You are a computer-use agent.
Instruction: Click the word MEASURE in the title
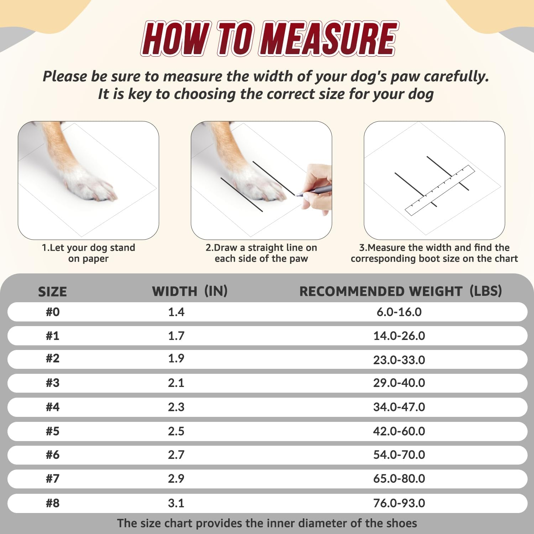pos(329,38)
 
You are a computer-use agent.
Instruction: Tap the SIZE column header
pos(52,292)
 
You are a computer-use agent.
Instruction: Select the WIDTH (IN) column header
pos(189,291)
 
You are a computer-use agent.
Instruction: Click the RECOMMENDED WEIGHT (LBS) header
pos(400,291)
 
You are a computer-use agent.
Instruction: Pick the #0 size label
pos(53,312)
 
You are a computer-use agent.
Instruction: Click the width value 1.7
pos(176,336)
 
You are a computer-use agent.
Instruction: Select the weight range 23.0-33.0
pos(399,360)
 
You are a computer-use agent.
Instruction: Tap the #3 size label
pos(53,383)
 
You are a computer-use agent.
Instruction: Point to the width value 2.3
pos(176,407)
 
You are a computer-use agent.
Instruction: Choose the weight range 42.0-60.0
pos(399,431)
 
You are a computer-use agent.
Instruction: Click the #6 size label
pos(53,455)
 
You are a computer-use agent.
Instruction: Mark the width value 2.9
pos(176,478)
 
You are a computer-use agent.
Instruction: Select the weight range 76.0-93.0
pos(399,503)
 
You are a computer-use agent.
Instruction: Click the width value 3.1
pos(176,503)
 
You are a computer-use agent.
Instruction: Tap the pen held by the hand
pos(315,190)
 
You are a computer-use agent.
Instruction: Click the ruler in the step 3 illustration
pos(440,190)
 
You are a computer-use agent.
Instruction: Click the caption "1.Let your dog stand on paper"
pos(88,253)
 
